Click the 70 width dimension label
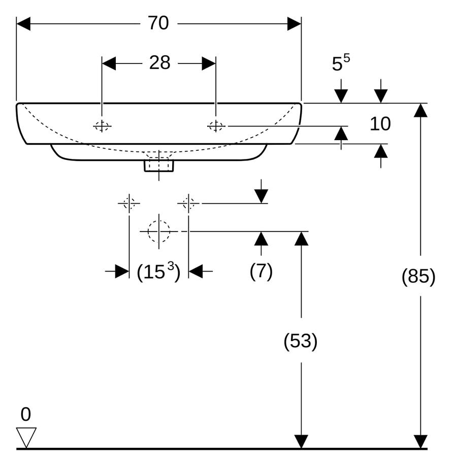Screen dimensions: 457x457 click(158, 23)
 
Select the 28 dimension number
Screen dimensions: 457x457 click(160, 62)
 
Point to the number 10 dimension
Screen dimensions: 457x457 click(380, 123)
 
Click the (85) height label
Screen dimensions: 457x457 click(418, 276)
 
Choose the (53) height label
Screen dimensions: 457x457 click(301, 340)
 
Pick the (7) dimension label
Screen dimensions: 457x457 click(261, 271)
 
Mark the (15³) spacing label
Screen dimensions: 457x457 click(158, 271)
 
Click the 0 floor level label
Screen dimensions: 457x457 click(26, 414)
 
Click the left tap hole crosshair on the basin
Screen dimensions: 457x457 click(102, 126)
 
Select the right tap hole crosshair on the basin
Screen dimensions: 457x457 click(216, 126)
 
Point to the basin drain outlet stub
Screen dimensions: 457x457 click(159, 165)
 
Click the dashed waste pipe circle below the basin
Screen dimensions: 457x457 click(159, 232)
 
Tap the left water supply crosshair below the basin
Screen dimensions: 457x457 click(129, 203)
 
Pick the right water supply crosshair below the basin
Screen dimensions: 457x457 click(188, 203)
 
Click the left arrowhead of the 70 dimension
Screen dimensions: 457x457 click(23, 23)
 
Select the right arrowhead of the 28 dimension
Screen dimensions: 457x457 click(209, 63)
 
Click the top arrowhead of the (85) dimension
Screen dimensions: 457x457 click(420, 110)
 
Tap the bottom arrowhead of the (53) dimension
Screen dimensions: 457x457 click(301, 442)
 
